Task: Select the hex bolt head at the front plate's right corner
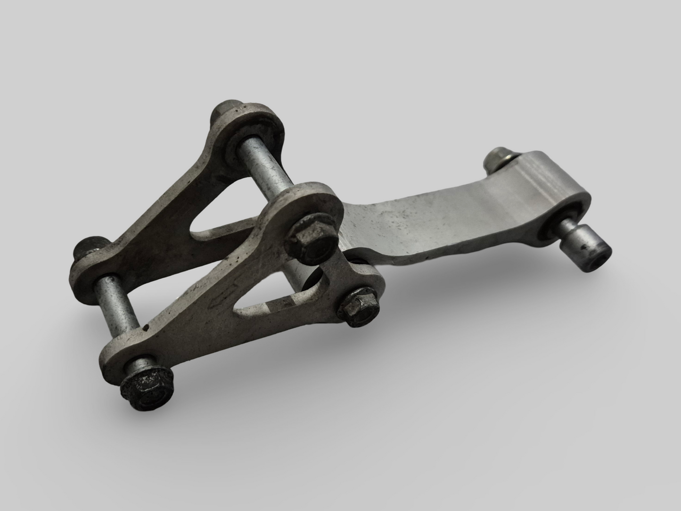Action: point(360,308)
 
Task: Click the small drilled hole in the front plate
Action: point(147,326)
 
